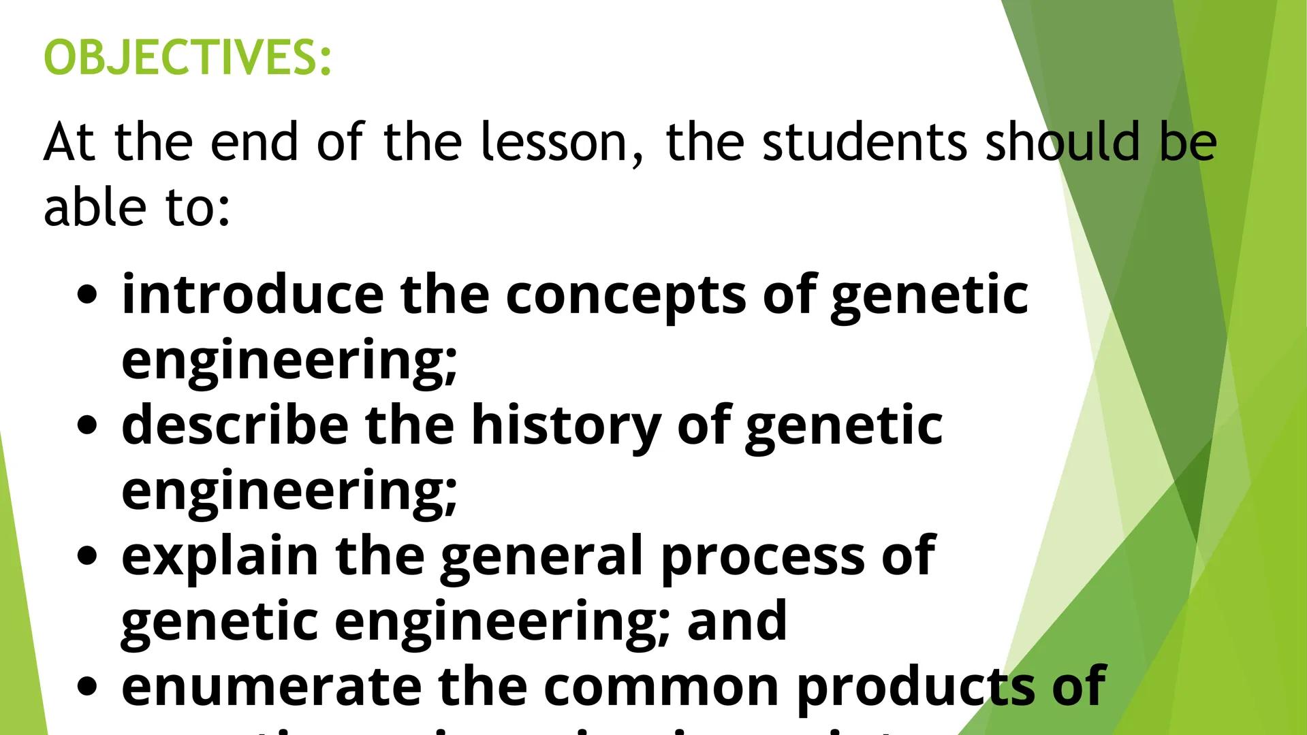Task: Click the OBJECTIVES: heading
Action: point(187,57)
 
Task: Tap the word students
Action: point(864,142)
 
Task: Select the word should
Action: point(1063,142)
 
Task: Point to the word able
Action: point(95,207)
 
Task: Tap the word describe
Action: point(235,425)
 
